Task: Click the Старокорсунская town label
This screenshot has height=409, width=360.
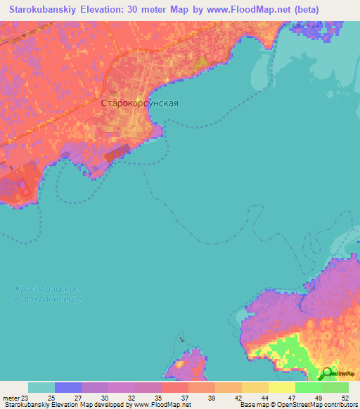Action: [140, 103]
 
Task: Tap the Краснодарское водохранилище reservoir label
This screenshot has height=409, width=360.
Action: [47, 294]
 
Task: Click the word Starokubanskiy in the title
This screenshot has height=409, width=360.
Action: [39, 9]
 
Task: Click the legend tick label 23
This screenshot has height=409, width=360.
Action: [28, 397]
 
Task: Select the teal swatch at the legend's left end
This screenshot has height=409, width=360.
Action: [41, 387]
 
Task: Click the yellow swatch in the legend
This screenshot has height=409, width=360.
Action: [282, 387]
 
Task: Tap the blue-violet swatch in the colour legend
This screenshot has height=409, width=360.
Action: [68, 387]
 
